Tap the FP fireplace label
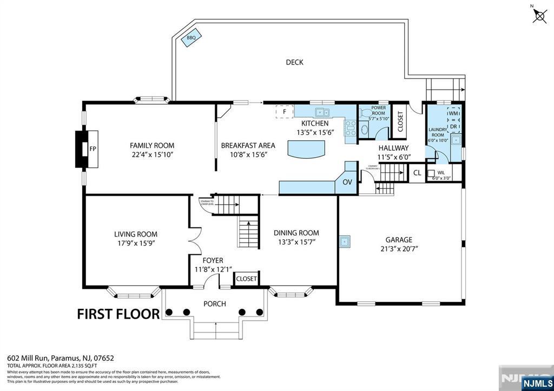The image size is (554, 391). coord(93,149)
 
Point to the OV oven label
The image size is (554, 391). coord(347,182)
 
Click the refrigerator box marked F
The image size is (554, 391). coord(284,112)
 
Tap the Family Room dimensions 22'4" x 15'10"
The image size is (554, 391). coord(152,154)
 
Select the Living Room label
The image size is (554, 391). coord(136,234)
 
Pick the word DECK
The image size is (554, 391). coord(294,62)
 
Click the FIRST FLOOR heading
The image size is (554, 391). coord(118,314)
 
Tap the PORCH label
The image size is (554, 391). coord(214,304)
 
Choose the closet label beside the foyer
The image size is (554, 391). coord(246,279)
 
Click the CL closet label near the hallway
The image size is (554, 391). coord(417,173)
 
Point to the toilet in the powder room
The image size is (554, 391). coord(365,130)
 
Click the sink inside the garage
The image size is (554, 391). coord(344,241)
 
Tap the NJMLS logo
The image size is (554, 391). coord(537,384)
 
